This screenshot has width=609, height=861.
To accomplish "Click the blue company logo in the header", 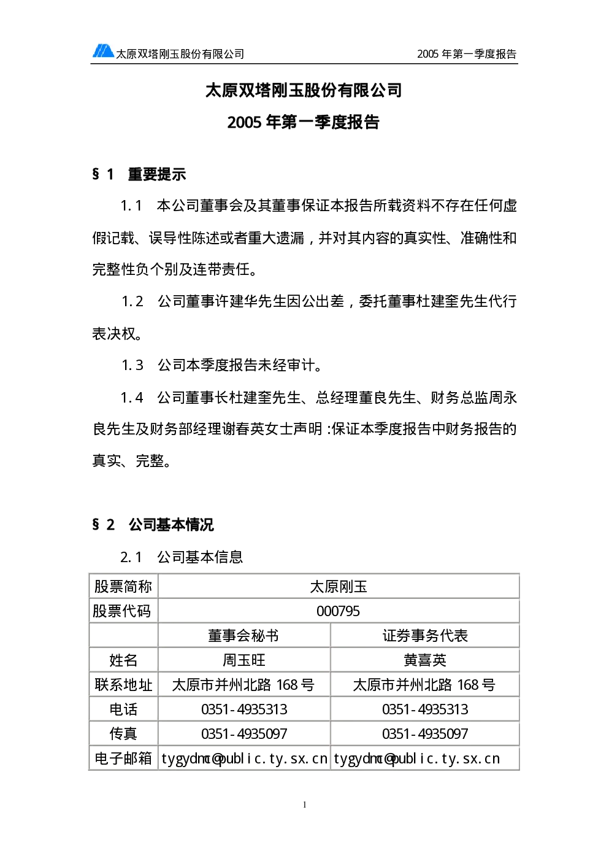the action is tap(103, 51).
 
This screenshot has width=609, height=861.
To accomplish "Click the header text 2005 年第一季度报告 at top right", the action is tap(467, 54).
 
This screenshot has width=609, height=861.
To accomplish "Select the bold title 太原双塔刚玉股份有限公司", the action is tap(304, 91).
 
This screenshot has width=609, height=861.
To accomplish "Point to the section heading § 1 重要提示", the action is tap(139, 174).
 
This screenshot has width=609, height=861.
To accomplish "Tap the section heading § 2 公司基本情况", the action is tap(153, 524).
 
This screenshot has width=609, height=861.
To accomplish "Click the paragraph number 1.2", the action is tap(132, 301).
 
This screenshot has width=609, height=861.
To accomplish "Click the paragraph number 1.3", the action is tap(132, 365).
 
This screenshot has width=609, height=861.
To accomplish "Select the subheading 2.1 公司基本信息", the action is tap(182, 557).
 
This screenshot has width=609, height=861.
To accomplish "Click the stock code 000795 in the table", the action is tap(338, 611).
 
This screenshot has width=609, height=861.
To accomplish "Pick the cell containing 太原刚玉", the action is tap(339, 587).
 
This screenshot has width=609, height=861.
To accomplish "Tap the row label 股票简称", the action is tap(123, 587).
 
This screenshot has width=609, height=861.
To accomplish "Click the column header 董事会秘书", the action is tap(243, 636).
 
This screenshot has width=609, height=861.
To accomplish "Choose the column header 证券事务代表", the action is tap(425, 636).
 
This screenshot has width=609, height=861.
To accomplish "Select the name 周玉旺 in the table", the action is tap(244, 660).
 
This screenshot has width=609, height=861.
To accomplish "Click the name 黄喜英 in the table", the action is tap(425, 660).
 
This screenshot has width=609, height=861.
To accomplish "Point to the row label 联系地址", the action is tap(123, 685).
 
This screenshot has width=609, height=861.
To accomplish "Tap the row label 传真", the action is tap(123, 734).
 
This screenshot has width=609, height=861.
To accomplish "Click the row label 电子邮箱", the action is tap(123, 759).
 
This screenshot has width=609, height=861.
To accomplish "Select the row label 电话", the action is tap(123, 709).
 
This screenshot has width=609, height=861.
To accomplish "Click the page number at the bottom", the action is tap(305, 805).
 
